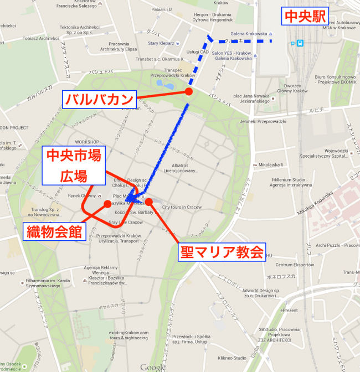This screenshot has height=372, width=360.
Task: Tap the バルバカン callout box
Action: (x=99, y=100)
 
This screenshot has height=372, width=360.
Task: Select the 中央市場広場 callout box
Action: (x=74, y=166)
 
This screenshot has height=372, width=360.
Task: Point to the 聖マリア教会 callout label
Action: (x=222, y=252)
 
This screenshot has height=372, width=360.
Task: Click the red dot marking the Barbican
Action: (x=189, y=91)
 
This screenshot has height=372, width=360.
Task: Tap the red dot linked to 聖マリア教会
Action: (x=149, y=202)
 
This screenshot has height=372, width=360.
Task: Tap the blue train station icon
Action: (x=300, y=43)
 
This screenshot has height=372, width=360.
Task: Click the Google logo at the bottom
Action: (x=152, y=367)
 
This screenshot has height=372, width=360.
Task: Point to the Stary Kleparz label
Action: (x=161, y=43)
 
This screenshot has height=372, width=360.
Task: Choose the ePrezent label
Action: (x=289, y=311)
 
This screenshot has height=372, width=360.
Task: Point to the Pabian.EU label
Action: (x=161, y=9)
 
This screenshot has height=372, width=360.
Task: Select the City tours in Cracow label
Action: (x=182, y=207)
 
